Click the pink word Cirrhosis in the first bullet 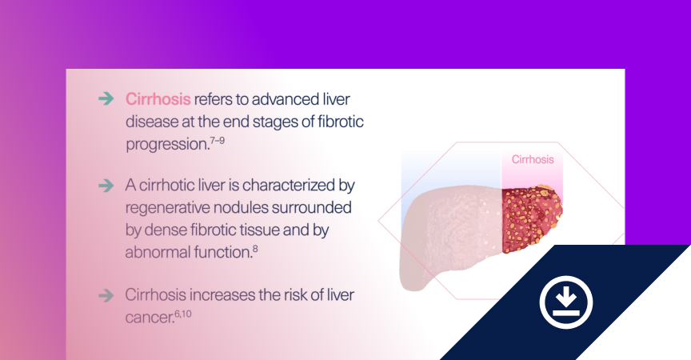158,99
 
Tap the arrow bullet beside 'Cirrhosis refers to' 106,98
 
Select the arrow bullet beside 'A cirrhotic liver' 106,186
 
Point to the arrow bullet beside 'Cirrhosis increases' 106,295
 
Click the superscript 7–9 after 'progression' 218,140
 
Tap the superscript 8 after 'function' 255,249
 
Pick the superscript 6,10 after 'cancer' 183,314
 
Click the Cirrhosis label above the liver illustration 533,159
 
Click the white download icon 566,302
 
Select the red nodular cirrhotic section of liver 531,219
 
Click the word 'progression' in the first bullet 166,145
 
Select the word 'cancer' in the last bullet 149,318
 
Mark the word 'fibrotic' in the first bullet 341,121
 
